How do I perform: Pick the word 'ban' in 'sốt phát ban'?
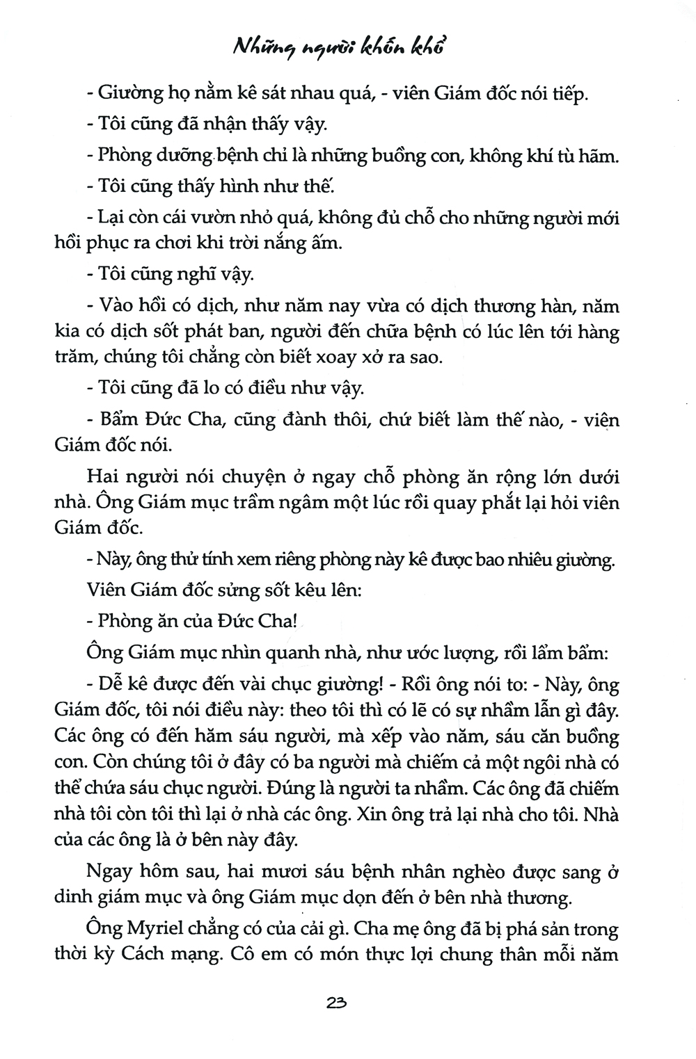[x=248, y=332]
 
